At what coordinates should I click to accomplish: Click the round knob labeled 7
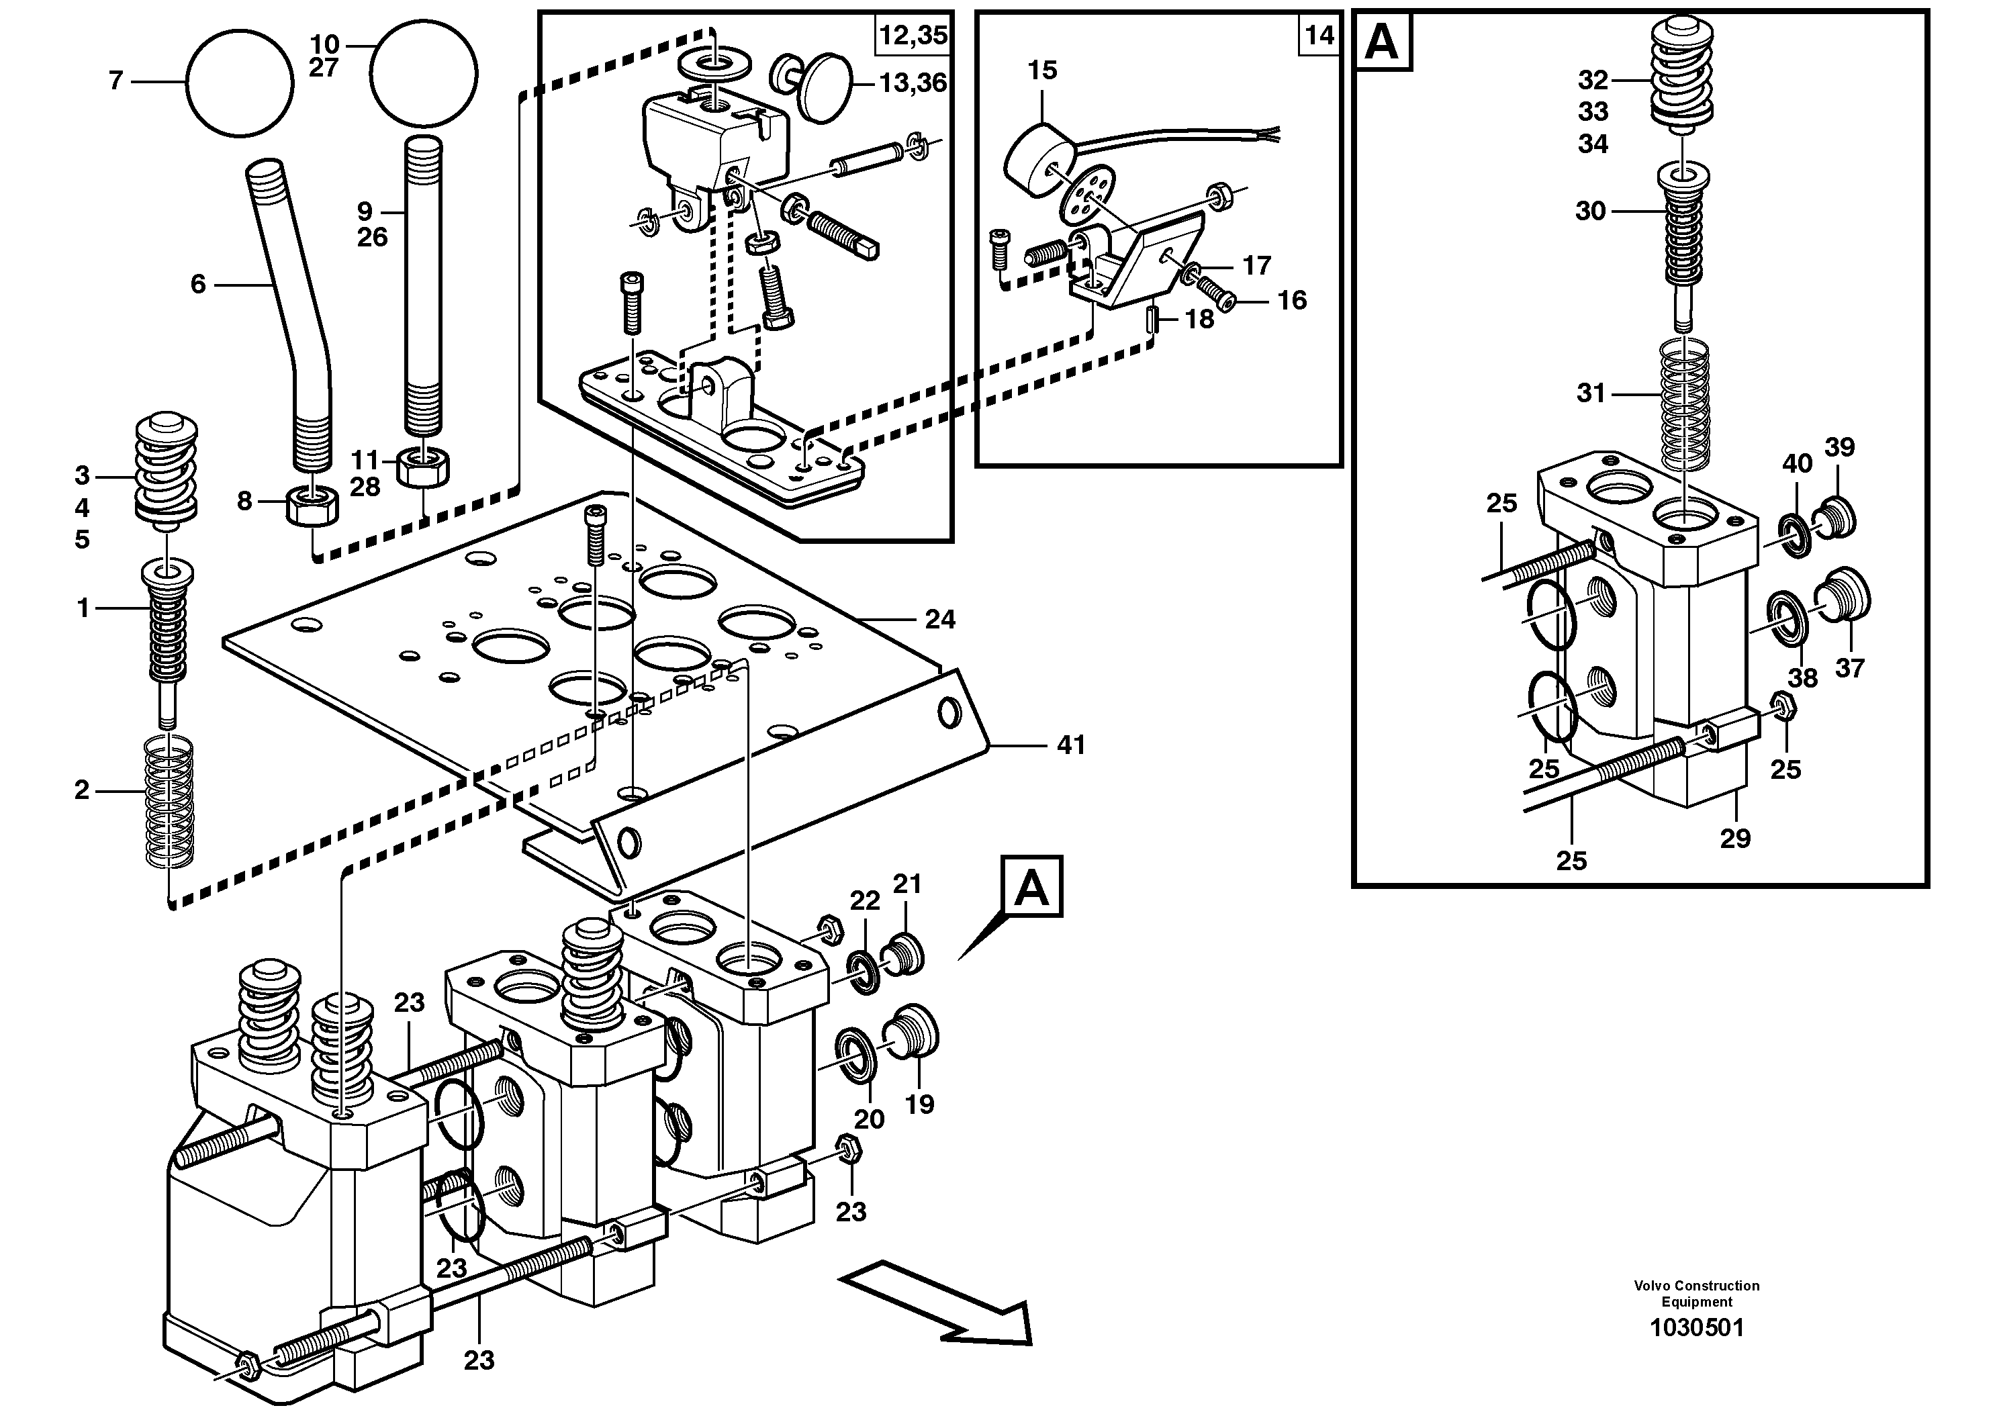click(240, 82)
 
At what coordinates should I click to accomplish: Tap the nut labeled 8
click(312, 505)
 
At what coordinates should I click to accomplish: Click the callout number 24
click(940, 620)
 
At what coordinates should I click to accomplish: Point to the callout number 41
click(1071, 745)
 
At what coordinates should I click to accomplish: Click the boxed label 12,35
click(912, 36)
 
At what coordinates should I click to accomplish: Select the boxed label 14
click(1319, 36)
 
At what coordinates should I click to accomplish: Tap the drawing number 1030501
click(1697, 1352)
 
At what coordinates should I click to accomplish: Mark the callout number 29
click(1735, 839)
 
